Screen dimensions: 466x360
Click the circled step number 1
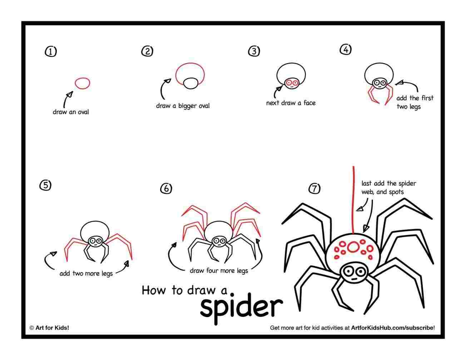[x=50, y=52]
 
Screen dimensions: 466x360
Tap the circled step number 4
[x=345, y=50]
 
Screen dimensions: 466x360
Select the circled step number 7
[x=314, y=188]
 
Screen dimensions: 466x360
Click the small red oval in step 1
[x=83, y=83]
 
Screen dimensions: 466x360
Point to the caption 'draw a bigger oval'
[x=183, y=106]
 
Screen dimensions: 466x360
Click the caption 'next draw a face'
[x=291, y=103]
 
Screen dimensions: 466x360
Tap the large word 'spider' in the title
[x=241, y=306]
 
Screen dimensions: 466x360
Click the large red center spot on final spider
[x=353, y=247]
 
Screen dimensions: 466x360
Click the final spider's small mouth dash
[x=352, y=278]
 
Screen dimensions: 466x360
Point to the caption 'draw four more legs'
[x=219, y=271]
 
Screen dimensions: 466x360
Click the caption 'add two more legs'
[x=86, y=273]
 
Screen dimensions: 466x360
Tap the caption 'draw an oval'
[x=71, y=112]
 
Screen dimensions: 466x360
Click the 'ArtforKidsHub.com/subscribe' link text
[x=392, y=327]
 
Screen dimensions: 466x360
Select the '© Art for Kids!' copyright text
[x=49, y=327]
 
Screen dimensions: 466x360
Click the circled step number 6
[x=166, y=189]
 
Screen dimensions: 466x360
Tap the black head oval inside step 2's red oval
[x=191, y=83]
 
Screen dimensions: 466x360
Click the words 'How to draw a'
[x=184, y=290]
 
